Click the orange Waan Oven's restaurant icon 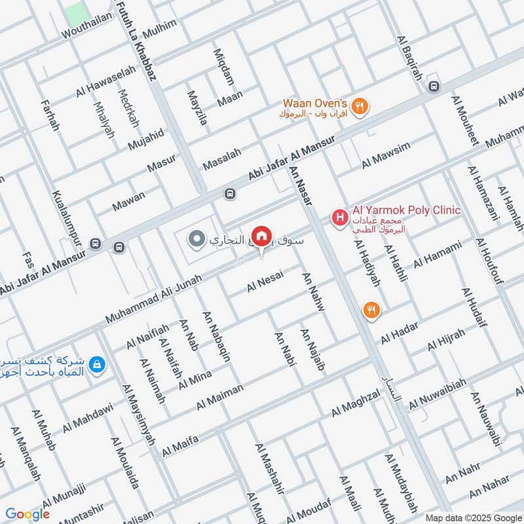click(x=360, y=107)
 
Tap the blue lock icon click(x=97, y=365)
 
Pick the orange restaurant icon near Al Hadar click(x=371, y=310)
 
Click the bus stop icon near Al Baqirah click(x=432, y=86)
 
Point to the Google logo click(x=28, y=514)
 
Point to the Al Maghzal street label click(x=356, y=404)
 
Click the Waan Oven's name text click(x=314, y=103)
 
